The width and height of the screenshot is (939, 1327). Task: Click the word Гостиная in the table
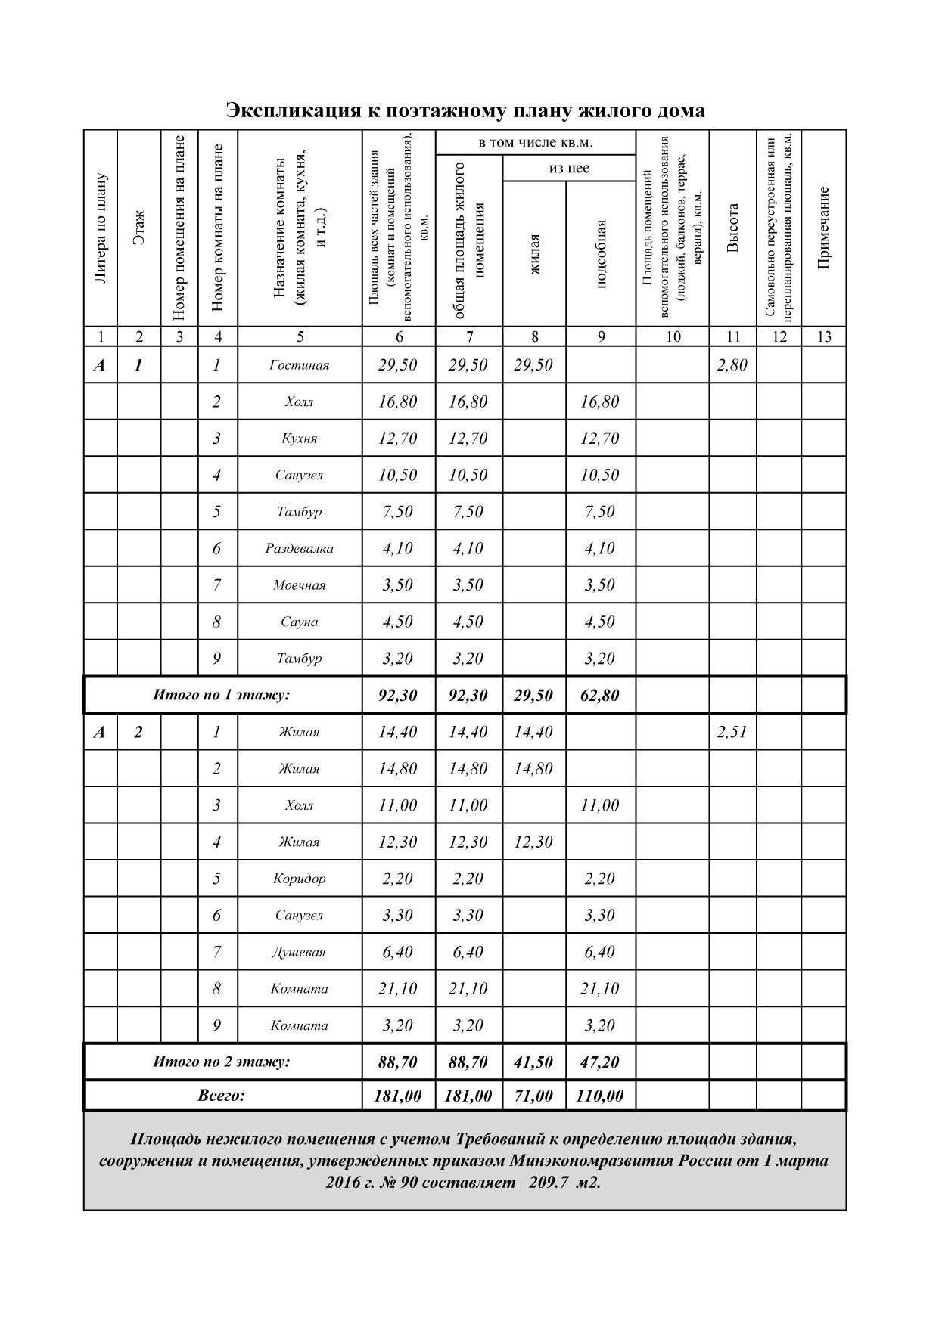pyautogui.click(x=299, y=365)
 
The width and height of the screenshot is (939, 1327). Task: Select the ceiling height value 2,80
pyautogui.click(x=732, y=365)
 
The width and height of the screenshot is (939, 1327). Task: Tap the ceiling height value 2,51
pyautogui.click(x=732, y=732)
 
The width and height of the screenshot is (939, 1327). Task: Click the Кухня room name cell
pyautogui.click(x=299, y=439)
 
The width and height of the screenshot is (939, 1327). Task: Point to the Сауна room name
pyautogui.click(x=299, y=622)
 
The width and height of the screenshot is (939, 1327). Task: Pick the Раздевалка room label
pyautogui.click(x=299, y=549)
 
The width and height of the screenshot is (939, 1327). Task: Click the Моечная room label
pyautogui.click(x=299, y=585)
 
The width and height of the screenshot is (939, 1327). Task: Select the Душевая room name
pyautogui.click(x=299, y=953)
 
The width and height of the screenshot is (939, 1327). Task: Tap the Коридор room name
pyautogui.click(x=299, y=879)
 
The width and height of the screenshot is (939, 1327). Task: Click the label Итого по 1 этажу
pyautogui.click(x=222, y=695)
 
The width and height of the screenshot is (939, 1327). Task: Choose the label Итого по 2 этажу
pyautogui.click(x=222, y=1062)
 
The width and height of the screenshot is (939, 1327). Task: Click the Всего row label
pyautogui.click(x=222, y=1096)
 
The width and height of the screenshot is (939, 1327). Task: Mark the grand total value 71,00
pyautogui.click(x=533, y=1096)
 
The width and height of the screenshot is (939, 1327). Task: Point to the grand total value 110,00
pyautogui.click(x=600, y=1096)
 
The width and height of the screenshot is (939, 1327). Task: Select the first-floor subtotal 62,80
pyautogui.click(x=600, y=695)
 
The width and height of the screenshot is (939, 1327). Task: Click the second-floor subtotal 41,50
pyautogui.click(x=533, y=1062)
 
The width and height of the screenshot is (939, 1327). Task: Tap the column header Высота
pyautogui.click(x=732, y=228)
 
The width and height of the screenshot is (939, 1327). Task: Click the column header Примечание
pyautogui.click(x=824, y=228)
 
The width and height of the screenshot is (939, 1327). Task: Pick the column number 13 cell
pyautogui.click(x=824, y=337)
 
